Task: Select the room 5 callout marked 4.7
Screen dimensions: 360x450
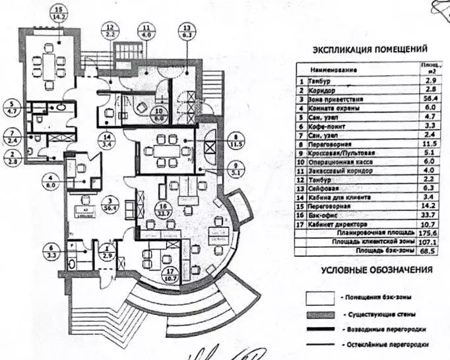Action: pyautogui.click(x=11, y=107)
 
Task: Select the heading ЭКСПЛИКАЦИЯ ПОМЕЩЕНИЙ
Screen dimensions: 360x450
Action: pyautogui.click(x=369, y=49)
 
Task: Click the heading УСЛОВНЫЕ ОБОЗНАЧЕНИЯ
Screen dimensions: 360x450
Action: pyautogui.click(x=376, y=270)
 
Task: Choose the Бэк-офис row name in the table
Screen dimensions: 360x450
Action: pyautogui.click(x=323, y=215)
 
